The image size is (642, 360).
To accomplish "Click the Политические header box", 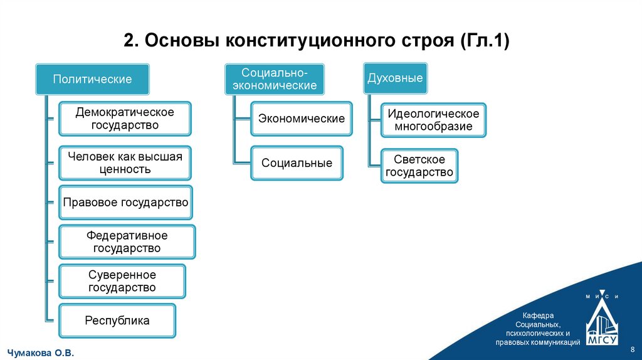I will pos(92,79).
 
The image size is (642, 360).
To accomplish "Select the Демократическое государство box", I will pos(125,119).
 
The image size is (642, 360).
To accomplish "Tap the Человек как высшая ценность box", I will pos(125,163).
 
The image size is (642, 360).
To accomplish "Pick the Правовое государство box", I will pos(125,203).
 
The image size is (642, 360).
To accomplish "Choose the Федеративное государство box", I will pos(127,241).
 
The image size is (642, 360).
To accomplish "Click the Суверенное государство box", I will pos(122,281).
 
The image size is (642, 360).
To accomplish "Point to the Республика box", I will pos(117,320).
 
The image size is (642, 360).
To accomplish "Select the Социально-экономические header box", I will pos(275,79).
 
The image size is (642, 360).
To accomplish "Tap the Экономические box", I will pos(302,119).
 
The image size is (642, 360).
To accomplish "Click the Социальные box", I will pos(297,163).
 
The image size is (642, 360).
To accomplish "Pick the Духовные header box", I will pos(395,78).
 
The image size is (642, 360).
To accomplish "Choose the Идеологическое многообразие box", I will pos(433,120).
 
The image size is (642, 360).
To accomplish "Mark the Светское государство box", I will pos(419,166).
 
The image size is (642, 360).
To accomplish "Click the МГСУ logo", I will pos(602,324).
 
